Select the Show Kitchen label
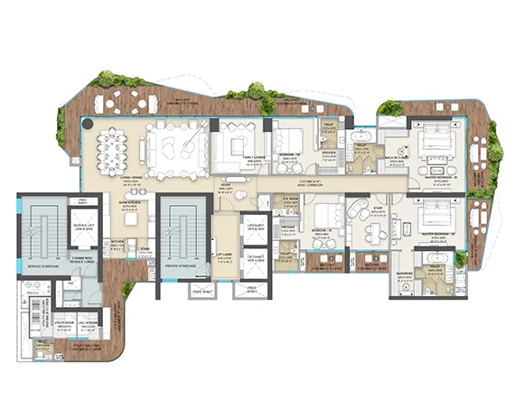(x=132, y=206)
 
